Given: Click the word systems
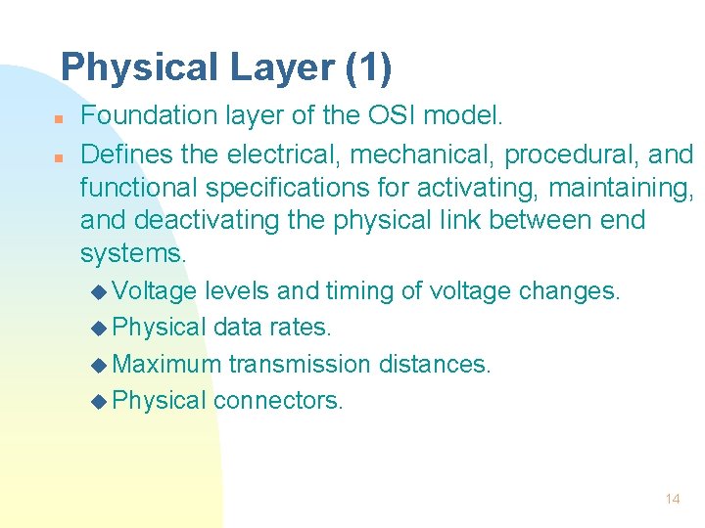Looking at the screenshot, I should pos(132,253).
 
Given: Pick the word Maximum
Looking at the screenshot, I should pos(167,365).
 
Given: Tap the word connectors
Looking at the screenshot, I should pos(278,401).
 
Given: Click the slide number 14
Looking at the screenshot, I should pos(672,499).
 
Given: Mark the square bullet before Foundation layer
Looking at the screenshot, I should pos(59,118).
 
